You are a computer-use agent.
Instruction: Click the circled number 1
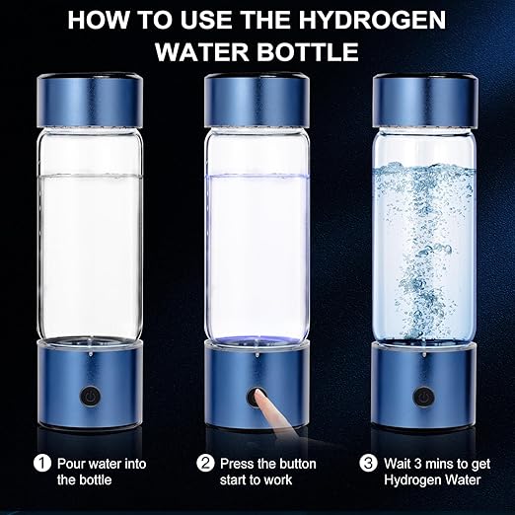42,460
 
